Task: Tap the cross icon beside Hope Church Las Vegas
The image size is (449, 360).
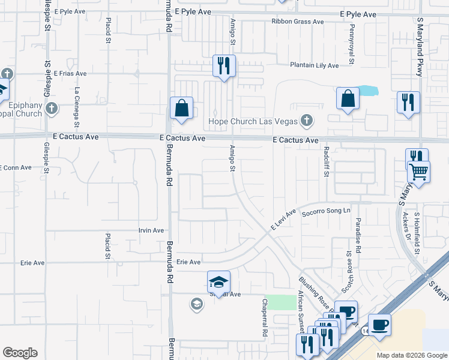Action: (307, 121)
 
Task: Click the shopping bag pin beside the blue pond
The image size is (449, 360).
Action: (348, 99)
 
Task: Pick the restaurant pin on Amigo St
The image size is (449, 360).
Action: (224, 67)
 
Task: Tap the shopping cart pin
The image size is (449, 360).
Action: (419, 173)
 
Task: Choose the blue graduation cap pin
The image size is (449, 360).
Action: (218, 282)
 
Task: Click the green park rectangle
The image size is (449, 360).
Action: (277, 302)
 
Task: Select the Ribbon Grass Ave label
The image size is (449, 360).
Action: (297, 22)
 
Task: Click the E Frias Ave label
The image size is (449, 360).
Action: (70, 73)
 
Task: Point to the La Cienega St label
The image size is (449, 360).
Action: (77, 107)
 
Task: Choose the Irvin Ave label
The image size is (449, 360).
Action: (151, 230)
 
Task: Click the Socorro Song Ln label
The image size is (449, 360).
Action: (326, 211)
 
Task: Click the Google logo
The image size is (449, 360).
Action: (20, 353)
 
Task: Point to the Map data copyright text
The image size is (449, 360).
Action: (411, 355)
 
